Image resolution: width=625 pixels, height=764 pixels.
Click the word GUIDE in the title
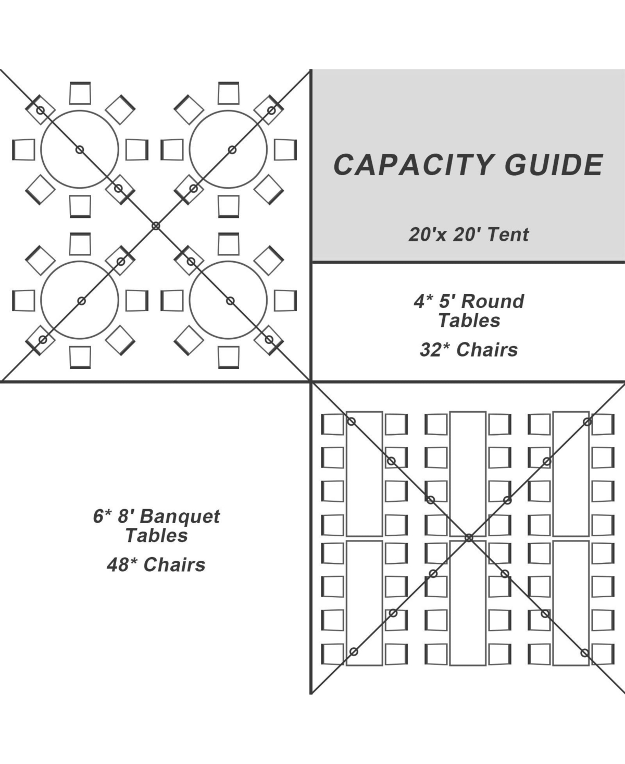coord(554,165)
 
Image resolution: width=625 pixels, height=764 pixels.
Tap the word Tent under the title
coord(508,235)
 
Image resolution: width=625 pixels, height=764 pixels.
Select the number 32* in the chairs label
coord(435,350)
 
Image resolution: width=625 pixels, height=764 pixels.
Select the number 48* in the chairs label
coord(122,565)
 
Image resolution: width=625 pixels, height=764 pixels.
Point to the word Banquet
coord(180,516)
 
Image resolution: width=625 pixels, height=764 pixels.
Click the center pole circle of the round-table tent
coord(156,226)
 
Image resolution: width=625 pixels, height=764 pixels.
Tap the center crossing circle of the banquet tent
coord(469,538)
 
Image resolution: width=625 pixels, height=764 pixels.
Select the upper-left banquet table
coord(364,474)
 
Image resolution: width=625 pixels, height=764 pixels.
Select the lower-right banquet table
coord(571,603)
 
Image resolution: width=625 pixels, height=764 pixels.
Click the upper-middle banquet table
coord(468,474)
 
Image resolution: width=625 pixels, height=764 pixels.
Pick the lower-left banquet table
coord(364,603)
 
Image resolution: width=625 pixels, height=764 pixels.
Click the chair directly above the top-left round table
coord(80,93)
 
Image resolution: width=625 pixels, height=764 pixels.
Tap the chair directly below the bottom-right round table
coord(229,357)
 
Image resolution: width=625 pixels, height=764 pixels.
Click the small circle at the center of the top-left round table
coord(80,150)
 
